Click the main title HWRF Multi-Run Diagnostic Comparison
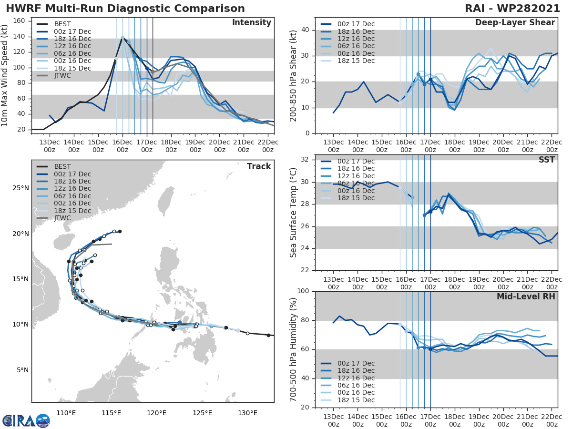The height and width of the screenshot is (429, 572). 125,9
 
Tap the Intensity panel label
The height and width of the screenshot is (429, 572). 251,23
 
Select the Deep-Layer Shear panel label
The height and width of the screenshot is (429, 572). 515,23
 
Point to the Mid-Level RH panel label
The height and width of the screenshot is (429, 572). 526,296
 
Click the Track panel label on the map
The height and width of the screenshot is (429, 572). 259,166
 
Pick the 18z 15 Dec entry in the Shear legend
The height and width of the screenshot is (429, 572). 355,61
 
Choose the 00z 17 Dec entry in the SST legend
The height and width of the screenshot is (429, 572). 355,161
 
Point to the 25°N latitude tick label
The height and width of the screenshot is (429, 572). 20,188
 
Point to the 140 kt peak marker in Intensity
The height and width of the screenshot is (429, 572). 123,37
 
